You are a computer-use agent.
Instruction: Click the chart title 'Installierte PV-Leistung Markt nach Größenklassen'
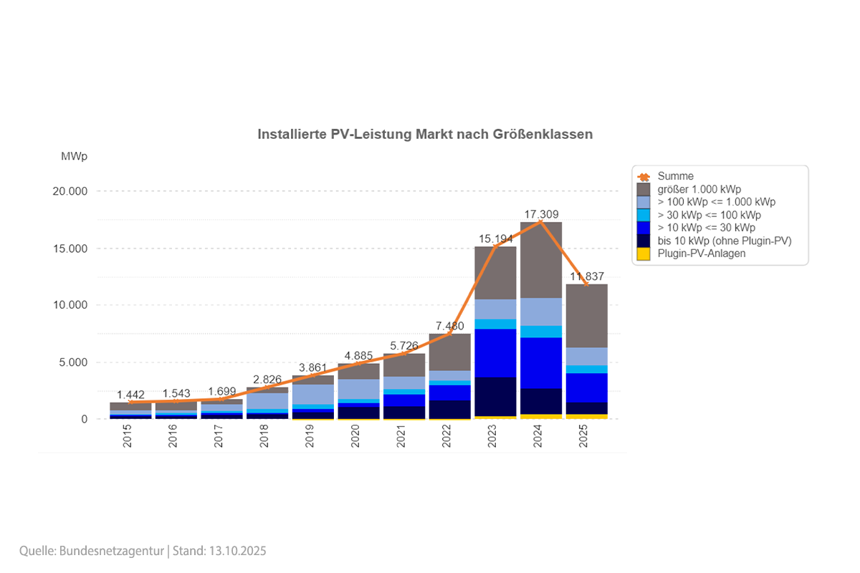pos(425,134)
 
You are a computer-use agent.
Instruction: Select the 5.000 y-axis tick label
pos(72,362)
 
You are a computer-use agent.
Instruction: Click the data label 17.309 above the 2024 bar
pos(541,214)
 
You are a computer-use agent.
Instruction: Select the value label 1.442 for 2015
pos(130,395)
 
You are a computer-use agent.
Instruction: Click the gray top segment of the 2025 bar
pos(587,315)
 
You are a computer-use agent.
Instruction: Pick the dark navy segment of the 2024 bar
pos(541,401)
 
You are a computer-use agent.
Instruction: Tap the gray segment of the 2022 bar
pos(449,352)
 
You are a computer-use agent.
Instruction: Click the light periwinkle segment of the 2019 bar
pos(312,394)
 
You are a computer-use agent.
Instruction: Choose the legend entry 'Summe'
pos(676,176)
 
